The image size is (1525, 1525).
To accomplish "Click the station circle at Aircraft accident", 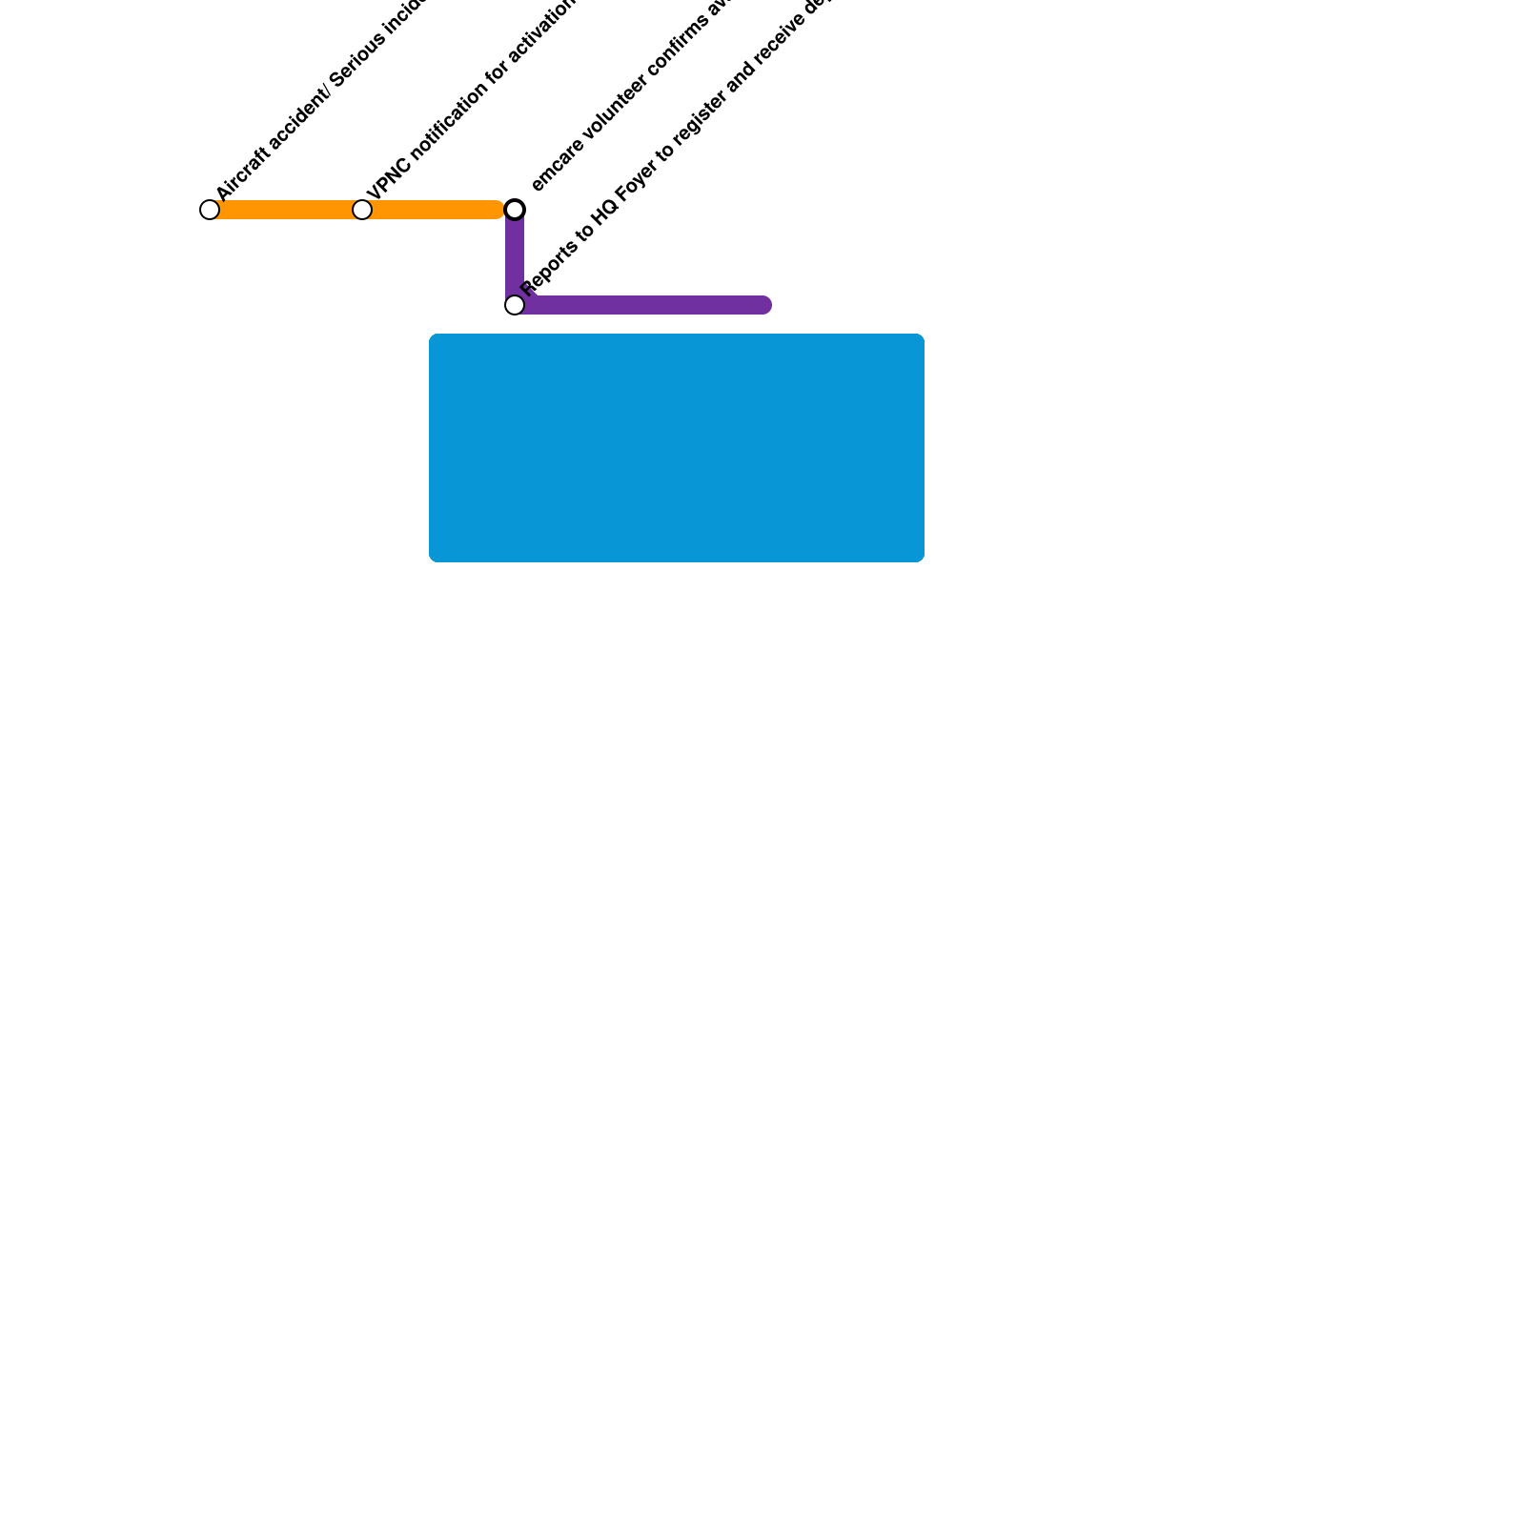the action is [210, 210].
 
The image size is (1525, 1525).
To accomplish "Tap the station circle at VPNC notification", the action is [362, 210].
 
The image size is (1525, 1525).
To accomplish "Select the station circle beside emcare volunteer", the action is [515, 210].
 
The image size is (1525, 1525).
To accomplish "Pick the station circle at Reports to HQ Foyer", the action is [515, 305].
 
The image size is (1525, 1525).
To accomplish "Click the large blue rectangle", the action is [677, 448].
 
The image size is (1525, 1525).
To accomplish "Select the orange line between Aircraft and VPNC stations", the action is [286, 210].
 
